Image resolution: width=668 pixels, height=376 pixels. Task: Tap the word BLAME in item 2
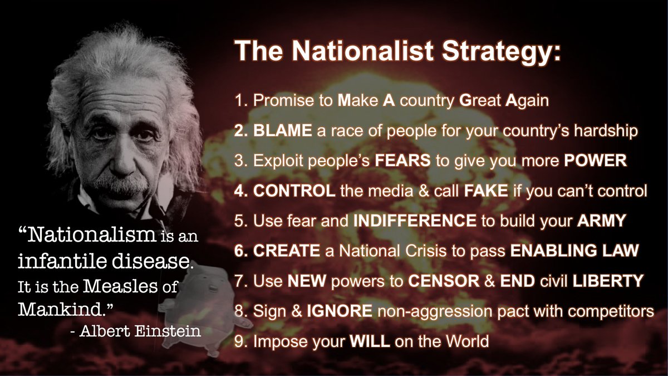pos(277,131)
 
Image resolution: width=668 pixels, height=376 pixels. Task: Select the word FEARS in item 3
pos(401,161)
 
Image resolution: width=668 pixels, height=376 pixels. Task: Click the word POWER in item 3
pos(595,161)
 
